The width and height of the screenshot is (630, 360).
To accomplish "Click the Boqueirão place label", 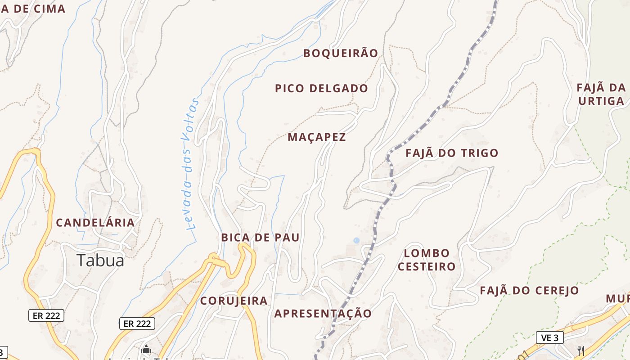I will click(341, 53).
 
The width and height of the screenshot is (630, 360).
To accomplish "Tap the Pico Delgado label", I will click(321, 88).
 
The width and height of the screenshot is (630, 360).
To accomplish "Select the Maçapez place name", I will click(317, 137).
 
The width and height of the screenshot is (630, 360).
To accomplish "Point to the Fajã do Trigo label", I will click(452, 153).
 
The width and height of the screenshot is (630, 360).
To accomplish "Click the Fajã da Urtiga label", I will click(601, 94).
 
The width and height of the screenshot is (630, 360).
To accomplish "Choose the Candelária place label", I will click(95, 222).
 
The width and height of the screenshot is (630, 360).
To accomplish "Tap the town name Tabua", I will click(100, 260).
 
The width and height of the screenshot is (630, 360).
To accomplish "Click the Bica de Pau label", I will click(260, 238).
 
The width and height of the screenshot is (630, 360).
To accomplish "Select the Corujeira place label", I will click(234, 301).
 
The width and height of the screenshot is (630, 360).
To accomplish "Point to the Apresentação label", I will click(323, 313).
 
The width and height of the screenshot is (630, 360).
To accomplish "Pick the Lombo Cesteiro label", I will click(427, 260).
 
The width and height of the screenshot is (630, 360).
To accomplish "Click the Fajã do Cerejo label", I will click(529, 290).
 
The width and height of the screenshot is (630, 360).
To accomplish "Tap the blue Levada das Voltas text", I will click(191, 164).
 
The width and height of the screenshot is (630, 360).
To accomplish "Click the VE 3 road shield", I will click(550, 337).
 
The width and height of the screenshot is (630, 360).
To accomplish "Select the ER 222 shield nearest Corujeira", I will click(137, 323).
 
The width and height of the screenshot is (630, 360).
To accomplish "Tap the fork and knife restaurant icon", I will click(581, 351).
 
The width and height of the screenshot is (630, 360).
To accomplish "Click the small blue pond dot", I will click(356, 241).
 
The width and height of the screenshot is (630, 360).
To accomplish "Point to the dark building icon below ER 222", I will click(146, 350).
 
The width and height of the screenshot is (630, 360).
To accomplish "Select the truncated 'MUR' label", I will click(618, 299).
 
